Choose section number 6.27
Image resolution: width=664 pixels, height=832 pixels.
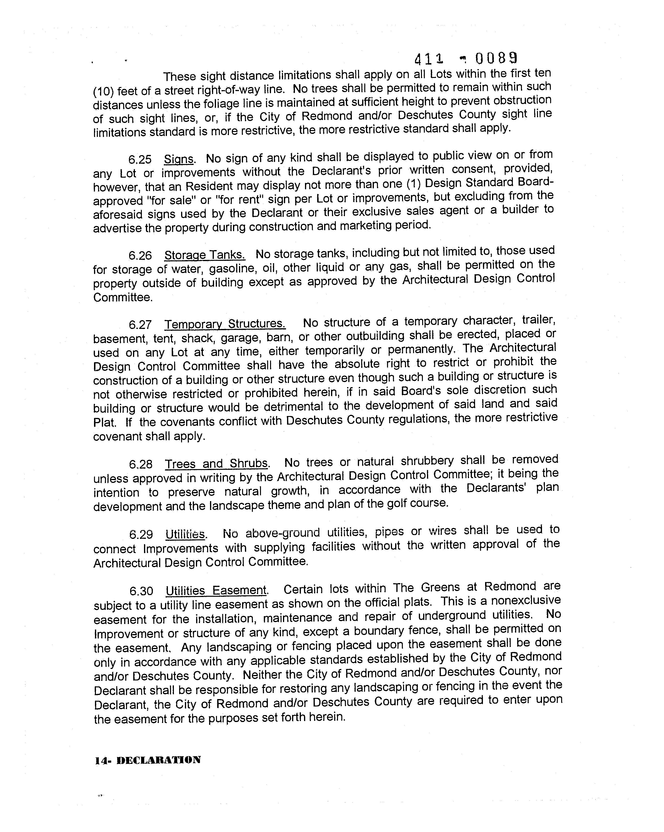click(140, 324)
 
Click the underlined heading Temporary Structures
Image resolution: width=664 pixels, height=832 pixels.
click(225, 324)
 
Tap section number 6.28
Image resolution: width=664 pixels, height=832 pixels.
click(140, 464)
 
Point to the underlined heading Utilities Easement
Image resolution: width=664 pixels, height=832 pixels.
click(216, 591)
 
